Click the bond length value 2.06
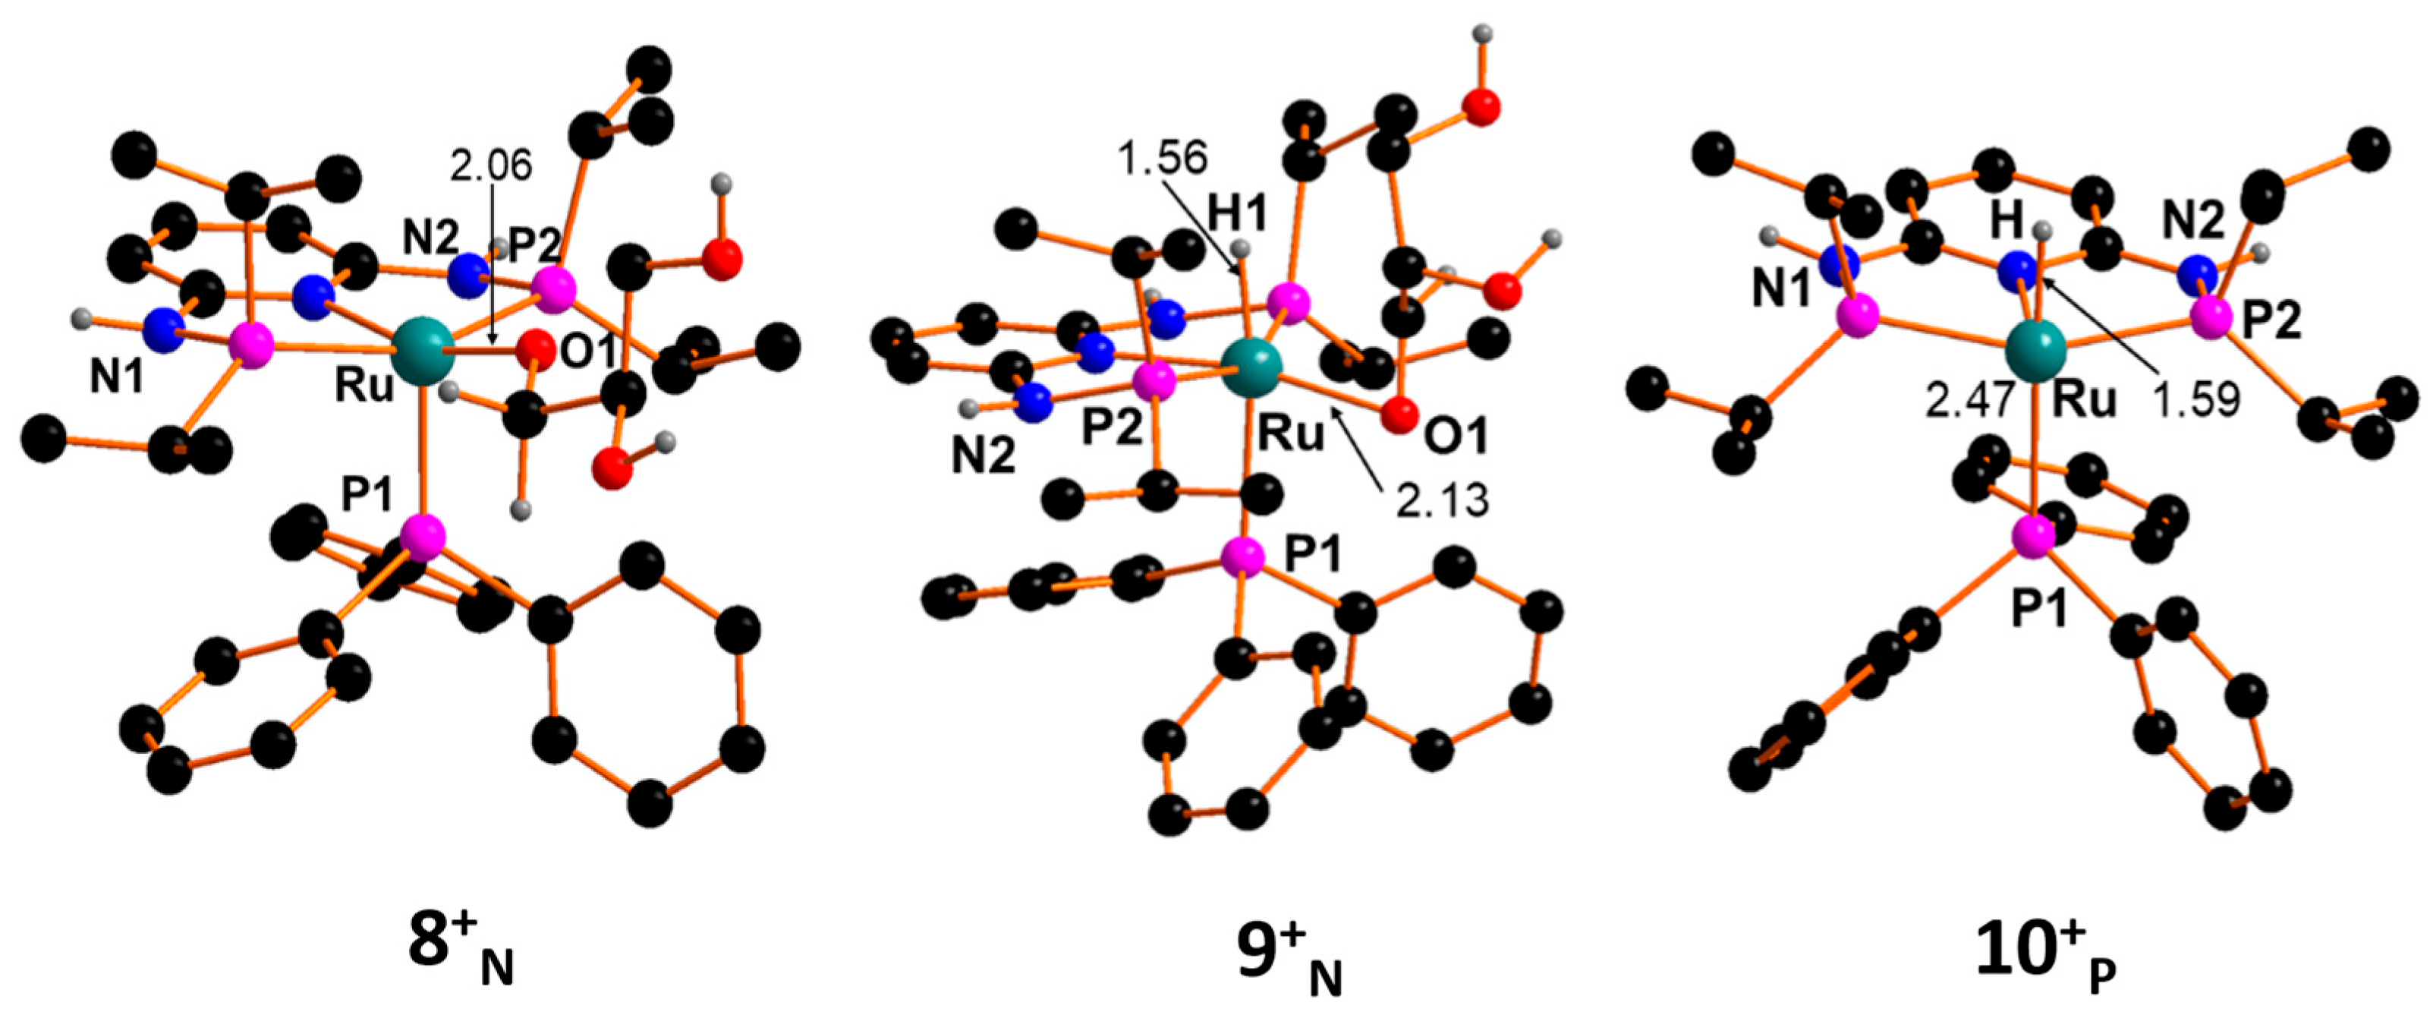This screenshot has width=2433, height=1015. coord(490,165)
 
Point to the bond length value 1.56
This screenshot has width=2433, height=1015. coord(1162,158)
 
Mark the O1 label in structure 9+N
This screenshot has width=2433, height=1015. coord(1452,435)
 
